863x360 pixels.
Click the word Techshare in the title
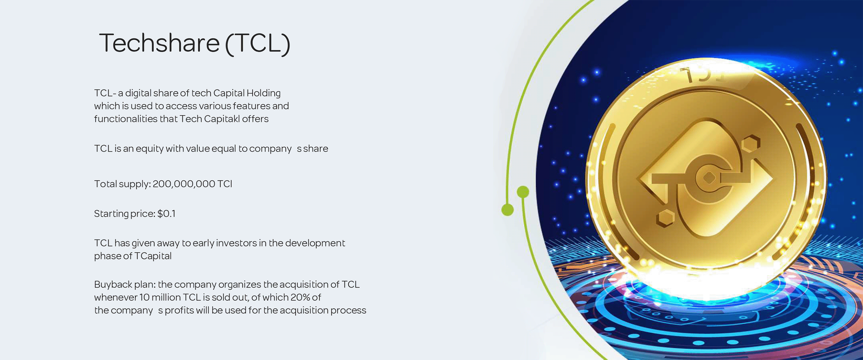coord(159,43)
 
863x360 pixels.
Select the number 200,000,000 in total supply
coord(184,184)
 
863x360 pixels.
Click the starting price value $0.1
coord(166,213)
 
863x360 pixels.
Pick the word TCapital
coord(153,256)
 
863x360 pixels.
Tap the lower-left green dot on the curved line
coord(508,210)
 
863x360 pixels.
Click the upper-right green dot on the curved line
coord(523,192)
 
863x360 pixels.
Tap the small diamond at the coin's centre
coord(709,178)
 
